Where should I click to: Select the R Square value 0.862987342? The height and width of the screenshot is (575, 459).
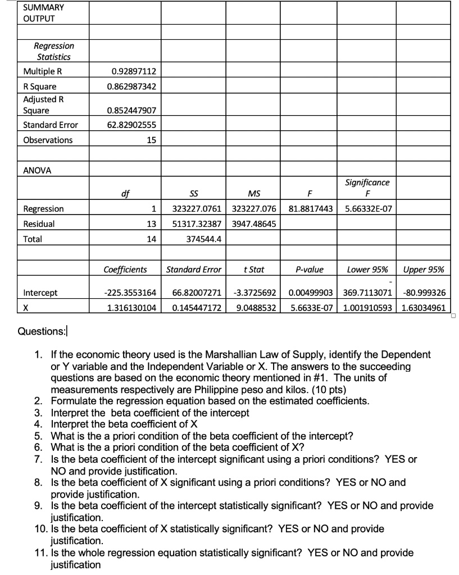(131, 87)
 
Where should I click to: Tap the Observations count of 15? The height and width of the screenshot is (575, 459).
(151, 140)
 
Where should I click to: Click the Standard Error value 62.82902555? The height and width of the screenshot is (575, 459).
(131, 125)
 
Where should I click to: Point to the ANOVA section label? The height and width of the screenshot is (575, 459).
(37, 170)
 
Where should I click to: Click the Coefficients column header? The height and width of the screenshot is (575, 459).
(125, 270)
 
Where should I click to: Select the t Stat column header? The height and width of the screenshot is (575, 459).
(254, 270)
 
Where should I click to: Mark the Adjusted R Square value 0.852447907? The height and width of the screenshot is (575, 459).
(131, 111)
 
